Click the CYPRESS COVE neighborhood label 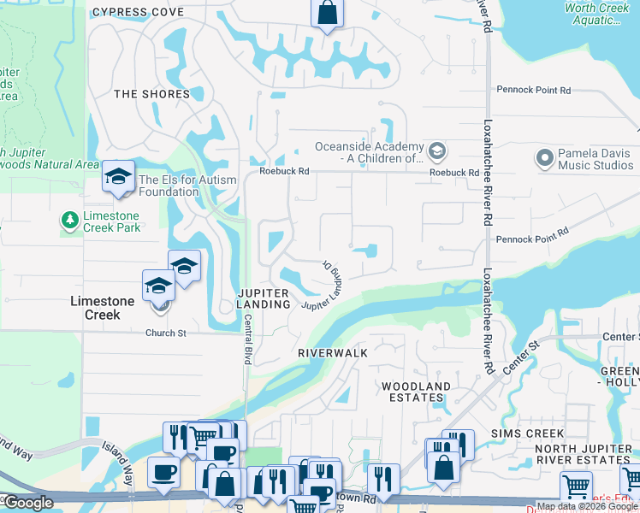pyautogui.click(x=138, y=12)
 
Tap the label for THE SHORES pyautogui.click(x=151, y=94)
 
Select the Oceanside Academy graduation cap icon pyautogui.click(x=437, y=152)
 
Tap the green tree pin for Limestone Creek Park pyautogui.click(x=69, y=221)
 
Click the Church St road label pyautogui.click(x=165, y=333)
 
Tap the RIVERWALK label pyautogui.click(x=333, y=352)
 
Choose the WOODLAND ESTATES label pyautogui.click(x=416, y=392)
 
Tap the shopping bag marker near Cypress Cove pyautogui.click(x=326, y=13)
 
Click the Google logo pyautogui.click(x=27, y=503)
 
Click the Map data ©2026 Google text pyautogui.click(x=587, y=506)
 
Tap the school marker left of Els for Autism pyautogui.click(x=117, y=177)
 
